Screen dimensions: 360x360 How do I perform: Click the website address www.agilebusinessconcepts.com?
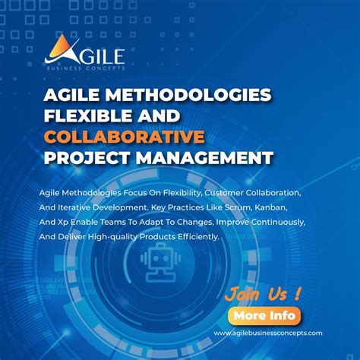tap(268, 333)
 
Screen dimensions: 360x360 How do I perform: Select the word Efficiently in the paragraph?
tap(193, 236)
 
